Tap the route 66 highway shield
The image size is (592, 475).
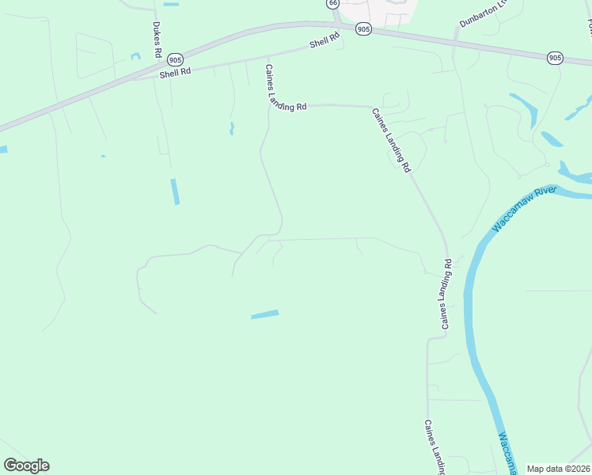(x=333, y=4)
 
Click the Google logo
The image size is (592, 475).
(x=26, y=465)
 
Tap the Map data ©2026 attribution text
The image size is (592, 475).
(x=559, y=469)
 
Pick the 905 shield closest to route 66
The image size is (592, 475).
(x=362, y=28)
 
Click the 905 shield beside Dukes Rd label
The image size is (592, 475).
(x=176, y=59)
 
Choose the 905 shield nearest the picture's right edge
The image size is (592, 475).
(x=555, y=57)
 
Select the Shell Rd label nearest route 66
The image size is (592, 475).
(x=324, y=40)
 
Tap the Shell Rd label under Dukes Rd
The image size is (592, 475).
(x=175, y=72)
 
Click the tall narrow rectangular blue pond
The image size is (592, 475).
(x=175, y=192)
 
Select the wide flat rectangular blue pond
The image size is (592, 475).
(x=265, y=314)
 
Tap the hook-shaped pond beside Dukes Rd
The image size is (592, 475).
(x=135, y=55)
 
